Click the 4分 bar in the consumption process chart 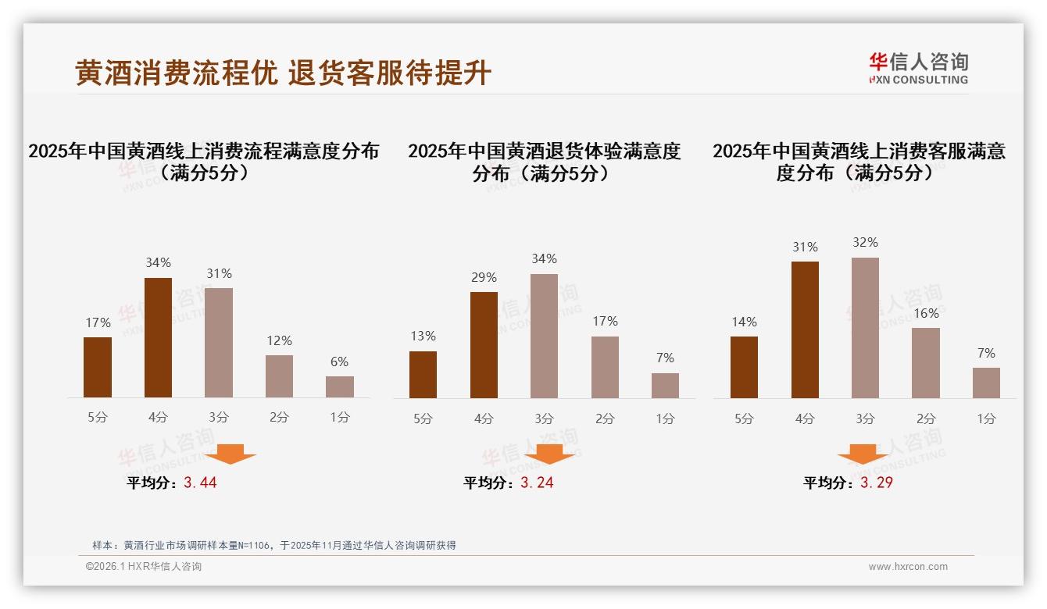coord(158,337)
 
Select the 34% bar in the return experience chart coord(544,336)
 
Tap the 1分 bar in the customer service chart coord(986,383)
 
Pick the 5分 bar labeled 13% coord(423,374)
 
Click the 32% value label coord(865,243)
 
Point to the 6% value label coord(339,361)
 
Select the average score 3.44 coord(200,483)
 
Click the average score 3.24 coord(537,483)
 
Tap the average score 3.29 coord(876,483)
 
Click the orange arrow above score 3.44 coord(230,454)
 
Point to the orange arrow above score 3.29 coord(863,454)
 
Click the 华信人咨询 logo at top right coord(918,68)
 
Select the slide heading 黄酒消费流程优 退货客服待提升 coord(283,73)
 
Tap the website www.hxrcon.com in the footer coord(907,567)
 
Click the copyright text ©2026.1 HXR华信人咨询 coord(143,567)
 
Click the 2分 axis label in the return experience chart coord(605,418)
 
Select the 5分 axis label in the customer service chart coord(744,418)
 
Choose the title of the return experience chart coord(544,162)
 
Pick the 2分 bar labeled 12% coord(279,376)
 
